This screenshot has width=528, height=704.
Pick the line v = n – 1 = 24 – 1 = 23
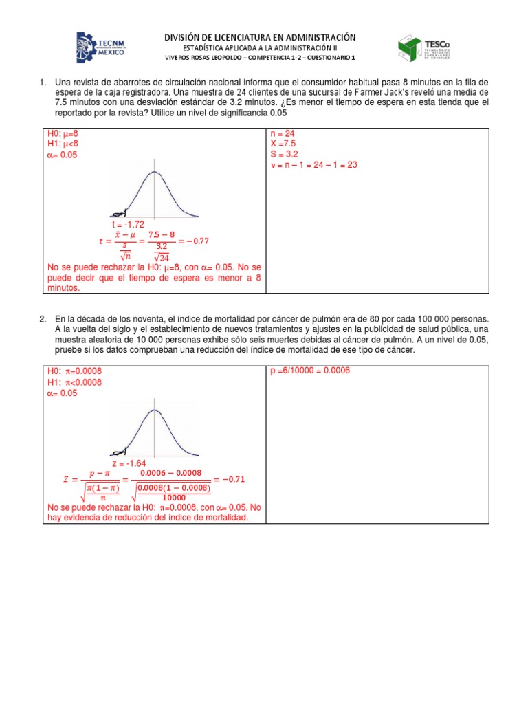[315, 165]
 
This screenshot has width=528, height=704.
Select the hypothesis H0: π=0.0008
[74, 371]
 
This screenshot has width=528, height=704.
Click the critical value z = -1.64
[130, 463]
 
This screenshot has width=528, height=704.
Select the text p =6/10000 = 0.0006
[311, 371]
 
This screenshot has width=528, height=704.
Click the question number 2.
[43, 320]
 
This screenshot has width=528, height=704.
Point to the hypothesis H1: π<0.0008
[74, 382]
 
